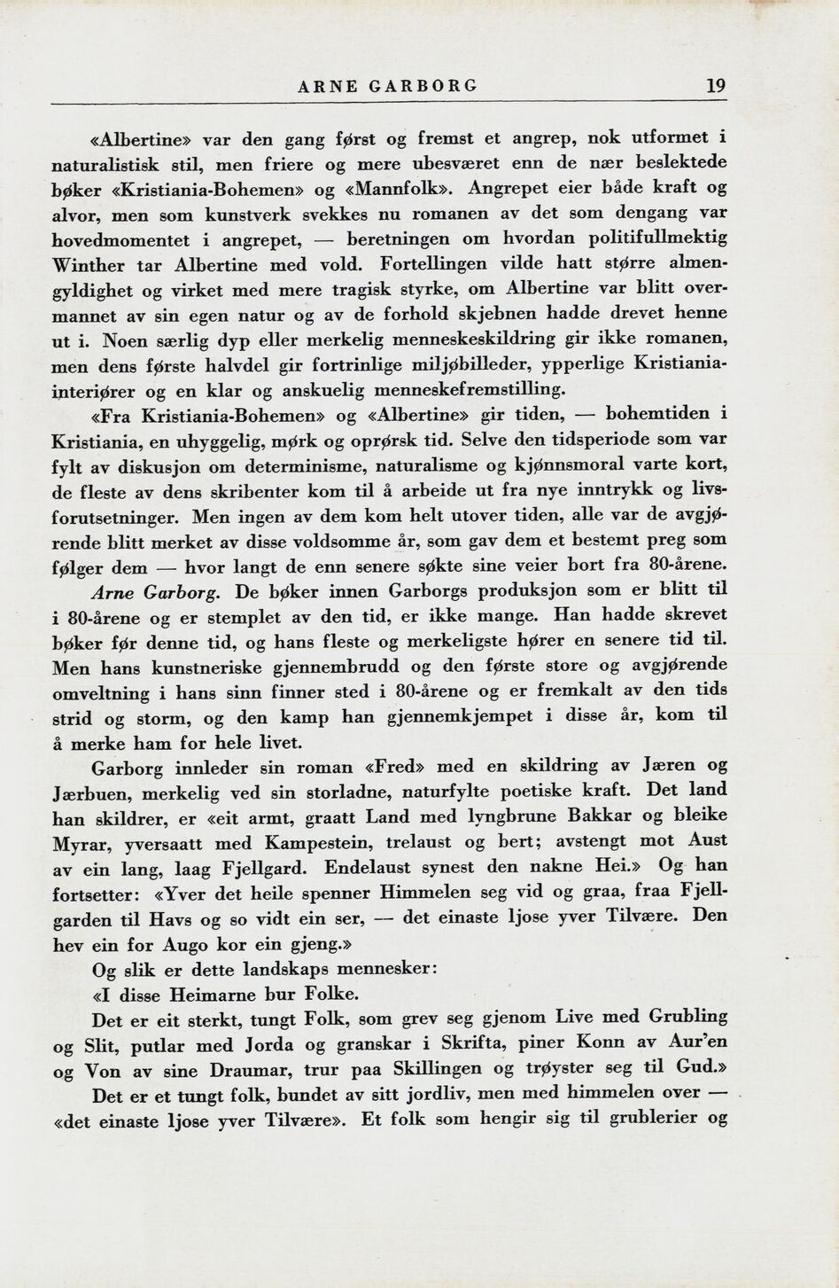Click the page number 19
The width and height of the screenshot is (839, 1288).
point(716,86)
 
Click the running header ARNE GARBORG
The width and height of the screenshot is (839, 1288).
point(388,86)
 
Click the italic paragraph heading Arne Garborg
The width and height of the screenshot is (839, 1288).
point(156,591)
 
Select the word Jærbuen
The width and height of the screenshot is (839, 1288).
point(91,792)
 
